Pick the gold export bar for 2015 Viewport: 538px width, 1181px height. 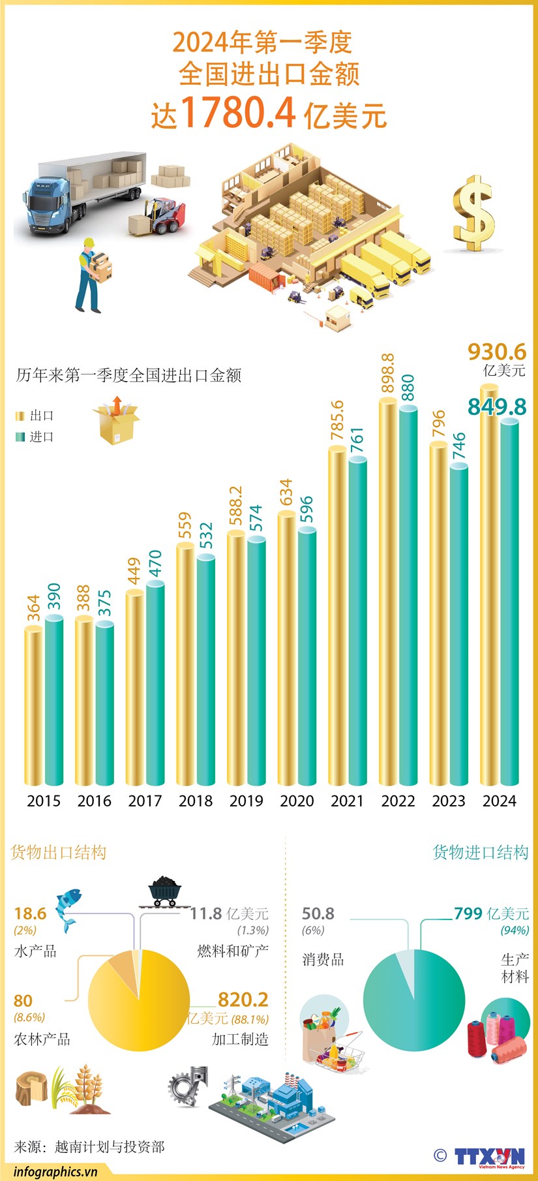point(34,705)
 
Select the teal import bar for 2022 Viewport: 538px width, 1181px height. point(408,594)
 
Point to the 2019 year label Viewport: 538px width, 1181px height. point(246,801)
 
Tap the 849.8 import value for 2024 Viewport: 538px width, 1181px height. point(496,406)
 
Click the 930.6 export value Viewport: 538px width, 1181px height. point(496,352)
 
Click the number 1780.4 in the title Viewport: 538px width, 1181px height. point(239,112)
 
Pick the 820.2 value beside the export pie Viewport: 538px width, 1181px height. point(243,999)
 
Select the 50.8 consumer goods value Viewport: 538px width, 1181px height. point(318,913)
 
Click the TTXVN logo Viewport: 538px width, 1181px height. point(488,1156)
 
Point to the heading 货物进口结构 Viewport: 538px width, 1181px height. point(480,852)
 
